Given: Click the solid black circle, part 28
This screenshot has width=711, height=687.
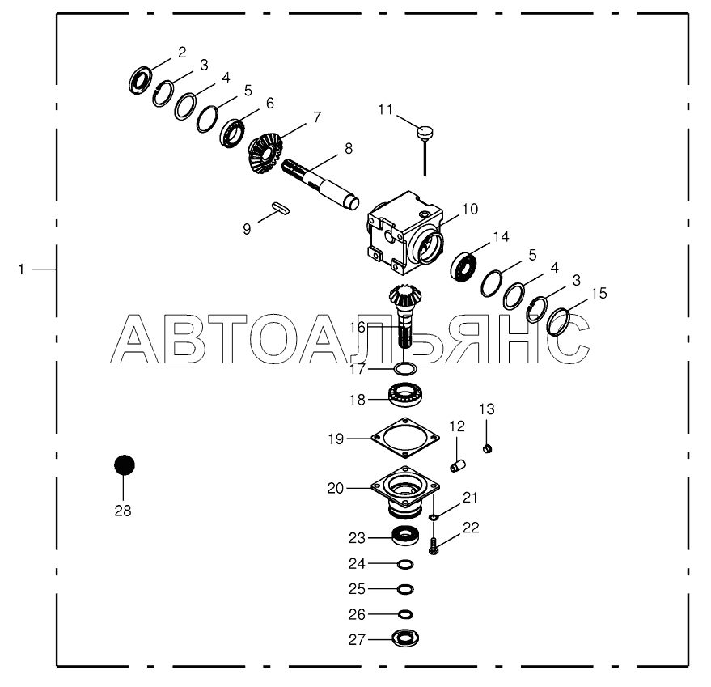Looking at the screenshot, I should tap(124, 465).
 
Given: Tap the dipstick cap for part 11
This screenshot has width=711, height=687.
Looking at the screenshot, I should tap(426, 130).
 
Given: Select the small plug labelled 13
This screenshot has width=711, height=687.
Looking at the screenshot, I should tap(488, 449).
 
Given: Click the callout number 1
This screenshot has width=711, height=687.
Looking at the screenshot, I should tap(22, 268).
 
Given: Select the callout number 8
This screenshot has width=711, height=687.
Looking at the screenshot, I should tap(348, 149).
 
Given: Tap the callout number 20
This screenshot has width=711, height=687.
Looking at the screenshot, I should tap(335, 488).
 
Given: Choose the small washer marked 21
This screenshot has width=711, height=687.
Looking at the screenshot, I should tap(434, 517).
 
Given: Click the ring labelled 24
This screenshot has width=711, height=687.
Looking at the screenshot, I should tap(405, 563).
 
